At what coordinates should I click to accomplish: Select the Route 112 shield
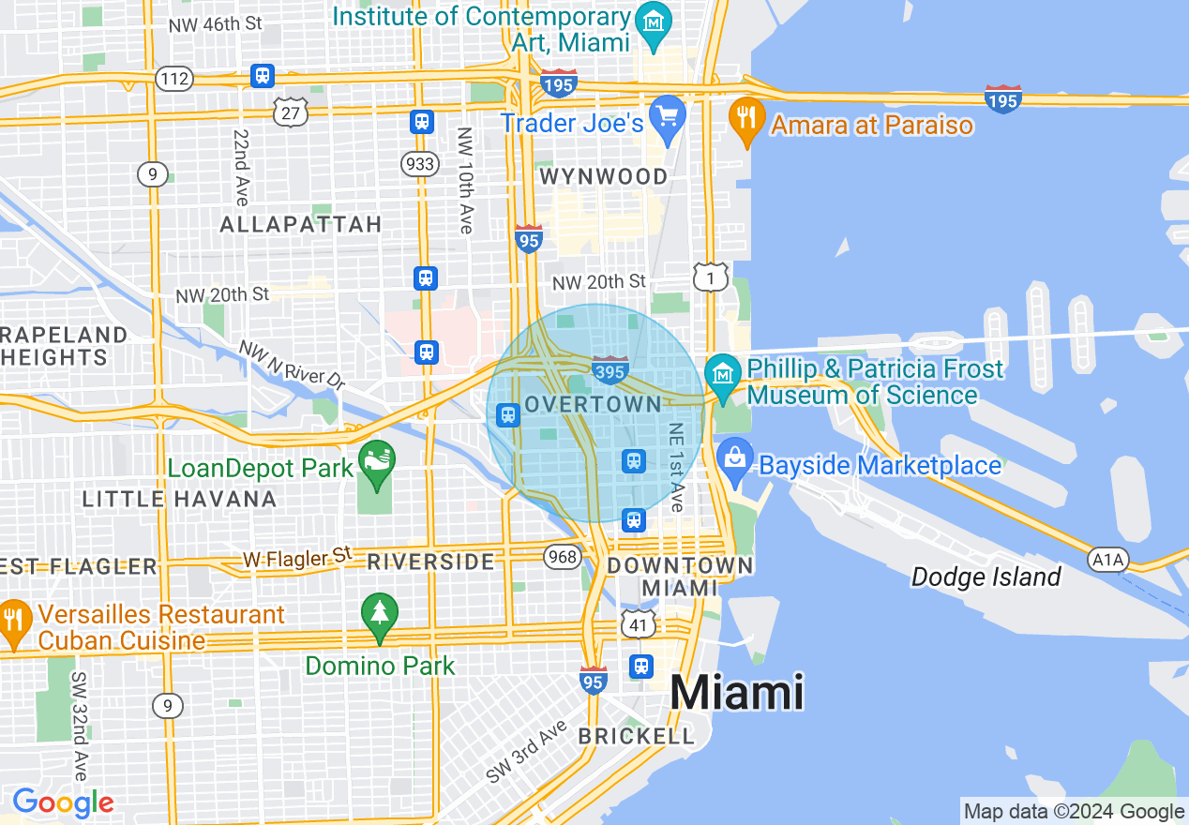click(x=174, y=78)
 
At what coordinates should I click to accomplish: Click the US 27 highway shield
click(x=292, y=112)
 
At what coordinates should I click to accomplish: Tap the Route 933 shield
click(x=420, y=165)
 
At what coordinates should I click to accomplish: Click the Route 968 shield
click(x=563, y=557)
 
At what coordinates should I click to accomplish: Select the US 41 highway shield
click(x=637, y=622)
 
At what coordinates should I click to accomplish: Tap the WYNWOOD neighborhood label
click(x=604, y=176)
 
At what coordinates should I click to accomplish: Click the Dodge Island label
click(x=986, y=577)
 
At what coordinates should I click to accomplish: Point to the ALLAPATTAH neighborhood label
click(x=300, y=224)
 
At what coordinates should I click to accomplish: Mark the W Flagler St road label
click(x=296, y=559)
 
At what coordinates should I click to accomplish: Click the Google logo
click(x=63, y=802)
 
